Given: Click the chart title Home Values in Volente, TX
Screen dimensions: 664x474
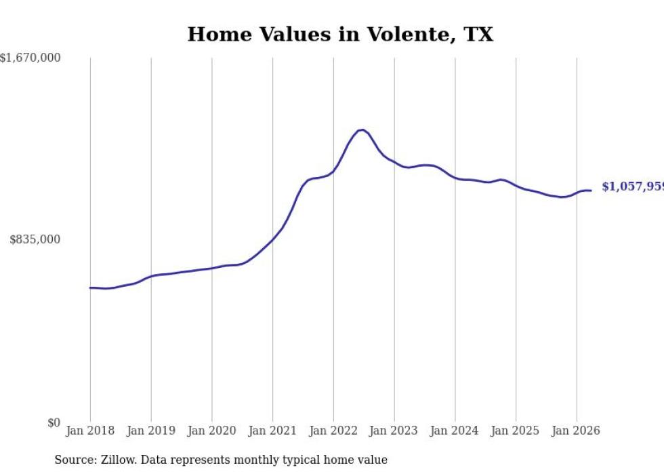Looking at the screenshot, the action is (x=340, y=35).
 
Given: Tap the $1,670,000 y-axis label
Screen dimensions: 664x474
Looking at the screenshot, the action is (x=30, y=58).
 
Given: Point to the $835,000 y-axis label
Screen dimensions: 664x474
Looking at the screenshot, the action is (x=35, y=239).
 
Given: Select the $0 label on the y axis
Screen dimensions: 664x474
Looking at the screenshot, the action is (x=54, y=422).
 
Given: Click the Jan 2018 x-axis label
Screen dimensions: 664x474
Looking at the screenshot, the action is (x=90, y=431).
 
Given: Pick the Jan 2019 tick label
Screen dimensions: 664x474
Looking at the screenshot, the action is (x=151, y=431).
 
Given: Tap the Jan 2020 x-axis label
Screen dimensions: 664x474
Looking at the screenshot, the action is (x=211, y=431).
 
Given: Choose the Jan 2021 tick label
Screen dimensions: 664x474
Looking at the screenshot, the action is (x=272, y=431).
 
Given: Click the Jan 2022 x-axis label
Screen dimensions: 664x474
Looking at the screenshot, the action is (x=333, y=431).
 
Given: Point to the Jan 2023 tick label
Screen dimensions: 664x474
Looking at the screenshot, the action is (x=394, y=431).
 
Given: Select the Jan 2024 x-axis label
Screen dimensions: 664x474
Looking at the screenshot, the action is (x=455, y=431).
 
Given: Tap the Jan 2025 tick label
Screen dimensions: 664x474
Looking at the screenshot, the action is (x=516, y=431).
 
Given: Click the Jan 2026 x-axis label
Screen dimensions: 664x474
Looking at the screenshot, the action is (x=577, y=431).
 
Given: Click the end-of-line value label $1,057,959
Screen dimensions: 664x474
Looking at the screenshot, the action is (x=633, y=186).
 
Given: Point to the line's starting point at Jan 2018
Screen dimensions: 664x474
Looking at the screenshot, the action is (x=89, y=288).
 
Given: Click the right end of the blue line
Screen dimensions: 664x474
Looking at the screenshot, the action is (x=591, y=191).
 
